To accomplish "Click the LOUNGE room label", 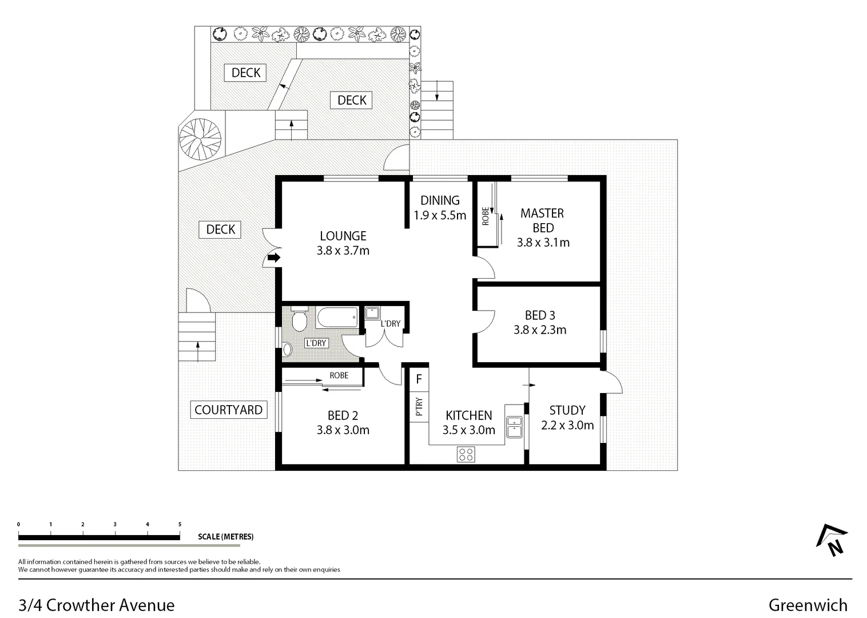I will point(343,236).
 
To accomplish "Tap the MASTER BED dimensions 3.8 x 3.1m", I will point(543,243).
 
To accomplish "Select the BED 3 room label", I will point(540,315).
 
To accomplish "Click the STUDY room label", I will point(567,410).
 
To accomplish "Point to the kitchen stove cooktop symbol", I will point(466,454).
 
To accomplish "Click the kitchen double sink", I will point(514,427).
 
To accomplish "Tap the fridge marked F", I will point(419,379).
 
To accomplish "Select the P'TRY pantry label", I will point(419,406).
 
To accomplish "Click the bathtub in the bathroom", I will point(337,317).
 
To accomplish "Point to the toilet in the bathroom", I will point(300,319).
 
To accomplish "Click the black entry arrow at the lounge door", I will point(275,258).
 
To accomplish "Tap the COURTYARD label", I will point(228,410).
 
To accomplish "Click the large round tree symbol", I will point(200,138).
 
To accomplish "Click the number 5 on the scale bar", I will point(180,524).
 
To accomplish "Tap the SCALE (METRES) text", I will point(225,537).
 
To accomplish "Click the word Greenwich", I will point(808,605).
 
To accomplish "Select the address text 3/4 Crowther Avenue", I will point(97,605).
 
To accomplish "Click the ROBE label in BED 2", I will point(339,376).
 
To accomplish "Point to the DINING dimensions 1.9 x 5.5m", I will point(440,216).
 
